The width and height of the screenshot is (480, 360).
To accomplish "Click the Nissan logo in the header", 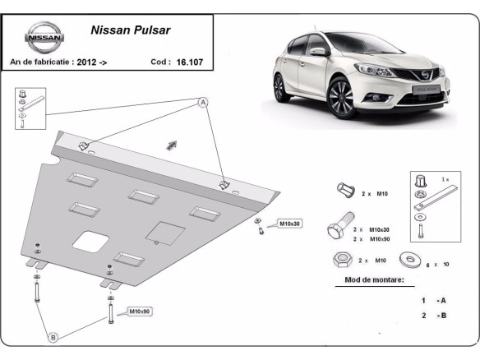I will (40, 37).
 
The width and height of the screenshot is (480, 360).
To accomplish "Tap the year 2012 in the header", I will (90, 62).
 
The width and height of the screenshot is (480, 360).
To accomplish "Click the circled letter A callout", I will (202, 103).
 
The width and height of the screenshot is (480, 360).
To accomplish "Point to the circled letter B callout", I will (53, 337).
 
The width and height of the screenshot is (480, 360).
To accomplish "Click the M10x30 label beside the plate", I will (290, 224).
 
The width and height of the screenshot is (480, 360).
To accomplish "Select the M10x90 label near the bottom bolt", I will (139, 312).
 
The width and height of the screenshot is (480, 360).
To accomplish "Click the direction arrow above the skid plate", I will (172, 145).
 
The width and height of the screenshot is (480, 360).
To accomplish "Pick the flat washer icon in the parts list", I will (407, 261).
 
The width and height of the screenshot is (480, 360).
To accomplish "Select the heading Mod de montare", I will (369, 280).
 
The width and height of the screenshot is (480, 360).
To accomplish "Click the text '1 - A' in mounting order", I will (433, 301).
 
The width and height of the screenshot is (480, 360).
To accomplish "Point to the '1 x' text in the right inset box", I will (445, 178).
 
